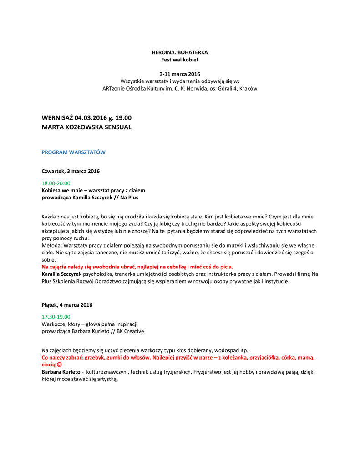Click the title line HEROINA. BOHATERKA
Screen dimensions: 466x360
pos(180,52)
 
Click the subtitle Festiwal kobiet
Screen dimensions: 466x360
pos(180,60)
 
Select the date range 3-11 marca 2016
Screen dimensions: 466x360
pos(180,74)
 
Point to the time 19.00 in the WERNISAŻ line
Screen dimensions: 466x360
pos(123,118)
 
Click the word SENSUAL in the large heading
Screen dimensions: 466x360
pos(117,127)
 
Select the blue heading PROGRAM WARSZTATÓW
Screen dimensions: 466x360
pos(73,152)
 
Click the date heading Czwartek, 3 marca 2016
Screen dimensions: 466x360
pos(71,171)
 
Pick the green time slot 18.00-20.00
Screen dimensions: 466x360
pos(56,183)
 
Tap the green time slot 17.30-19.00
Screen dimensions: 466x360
pos(56,316)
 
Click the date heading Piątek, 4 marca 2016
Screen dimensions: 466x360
pos(67,304)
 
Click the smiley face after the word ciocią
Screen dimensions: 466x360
pos(59,365)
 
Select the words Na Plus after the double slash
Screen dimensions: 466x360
pos(129,198)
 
